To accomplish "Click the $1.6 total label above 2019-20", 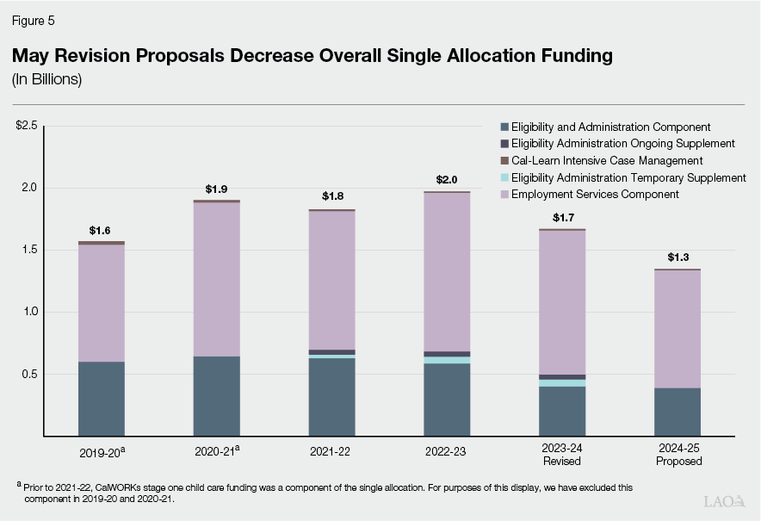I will pyautogui.click(x=101, y=231).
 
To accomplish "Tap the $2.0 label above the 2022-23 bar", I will pyautogui.click(x=448, y=180).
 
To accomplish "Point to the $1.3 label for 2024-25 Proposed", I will pyautogui.click(x=678, y=257).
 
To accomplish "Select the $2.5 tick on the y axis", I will pyautogui.click(x=27, y=126).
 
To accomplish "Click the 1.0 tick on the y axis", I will pyautogui.click(x=31, y=312).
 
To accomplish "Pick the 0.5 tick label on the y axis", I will pyautogui.click(x=31, y=374).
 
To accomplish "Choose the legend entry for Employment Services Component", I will pyautogui.click(x=595, y=195).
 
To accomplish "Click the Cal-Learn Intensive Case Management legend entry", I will pyautogui.click(x=606, y=161).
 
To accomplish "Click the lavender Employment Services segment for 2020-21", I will pyautogui.click(x=216, y=276).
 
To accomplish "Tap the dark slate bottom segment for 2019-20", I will pyautogui.click(x=101, y=398).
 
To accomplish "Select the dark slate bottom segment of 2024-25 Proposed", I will pyautogui.click(x=678, y=412).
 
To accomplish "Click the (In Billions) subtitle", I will pyautogui.click(x=46, y=79).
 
